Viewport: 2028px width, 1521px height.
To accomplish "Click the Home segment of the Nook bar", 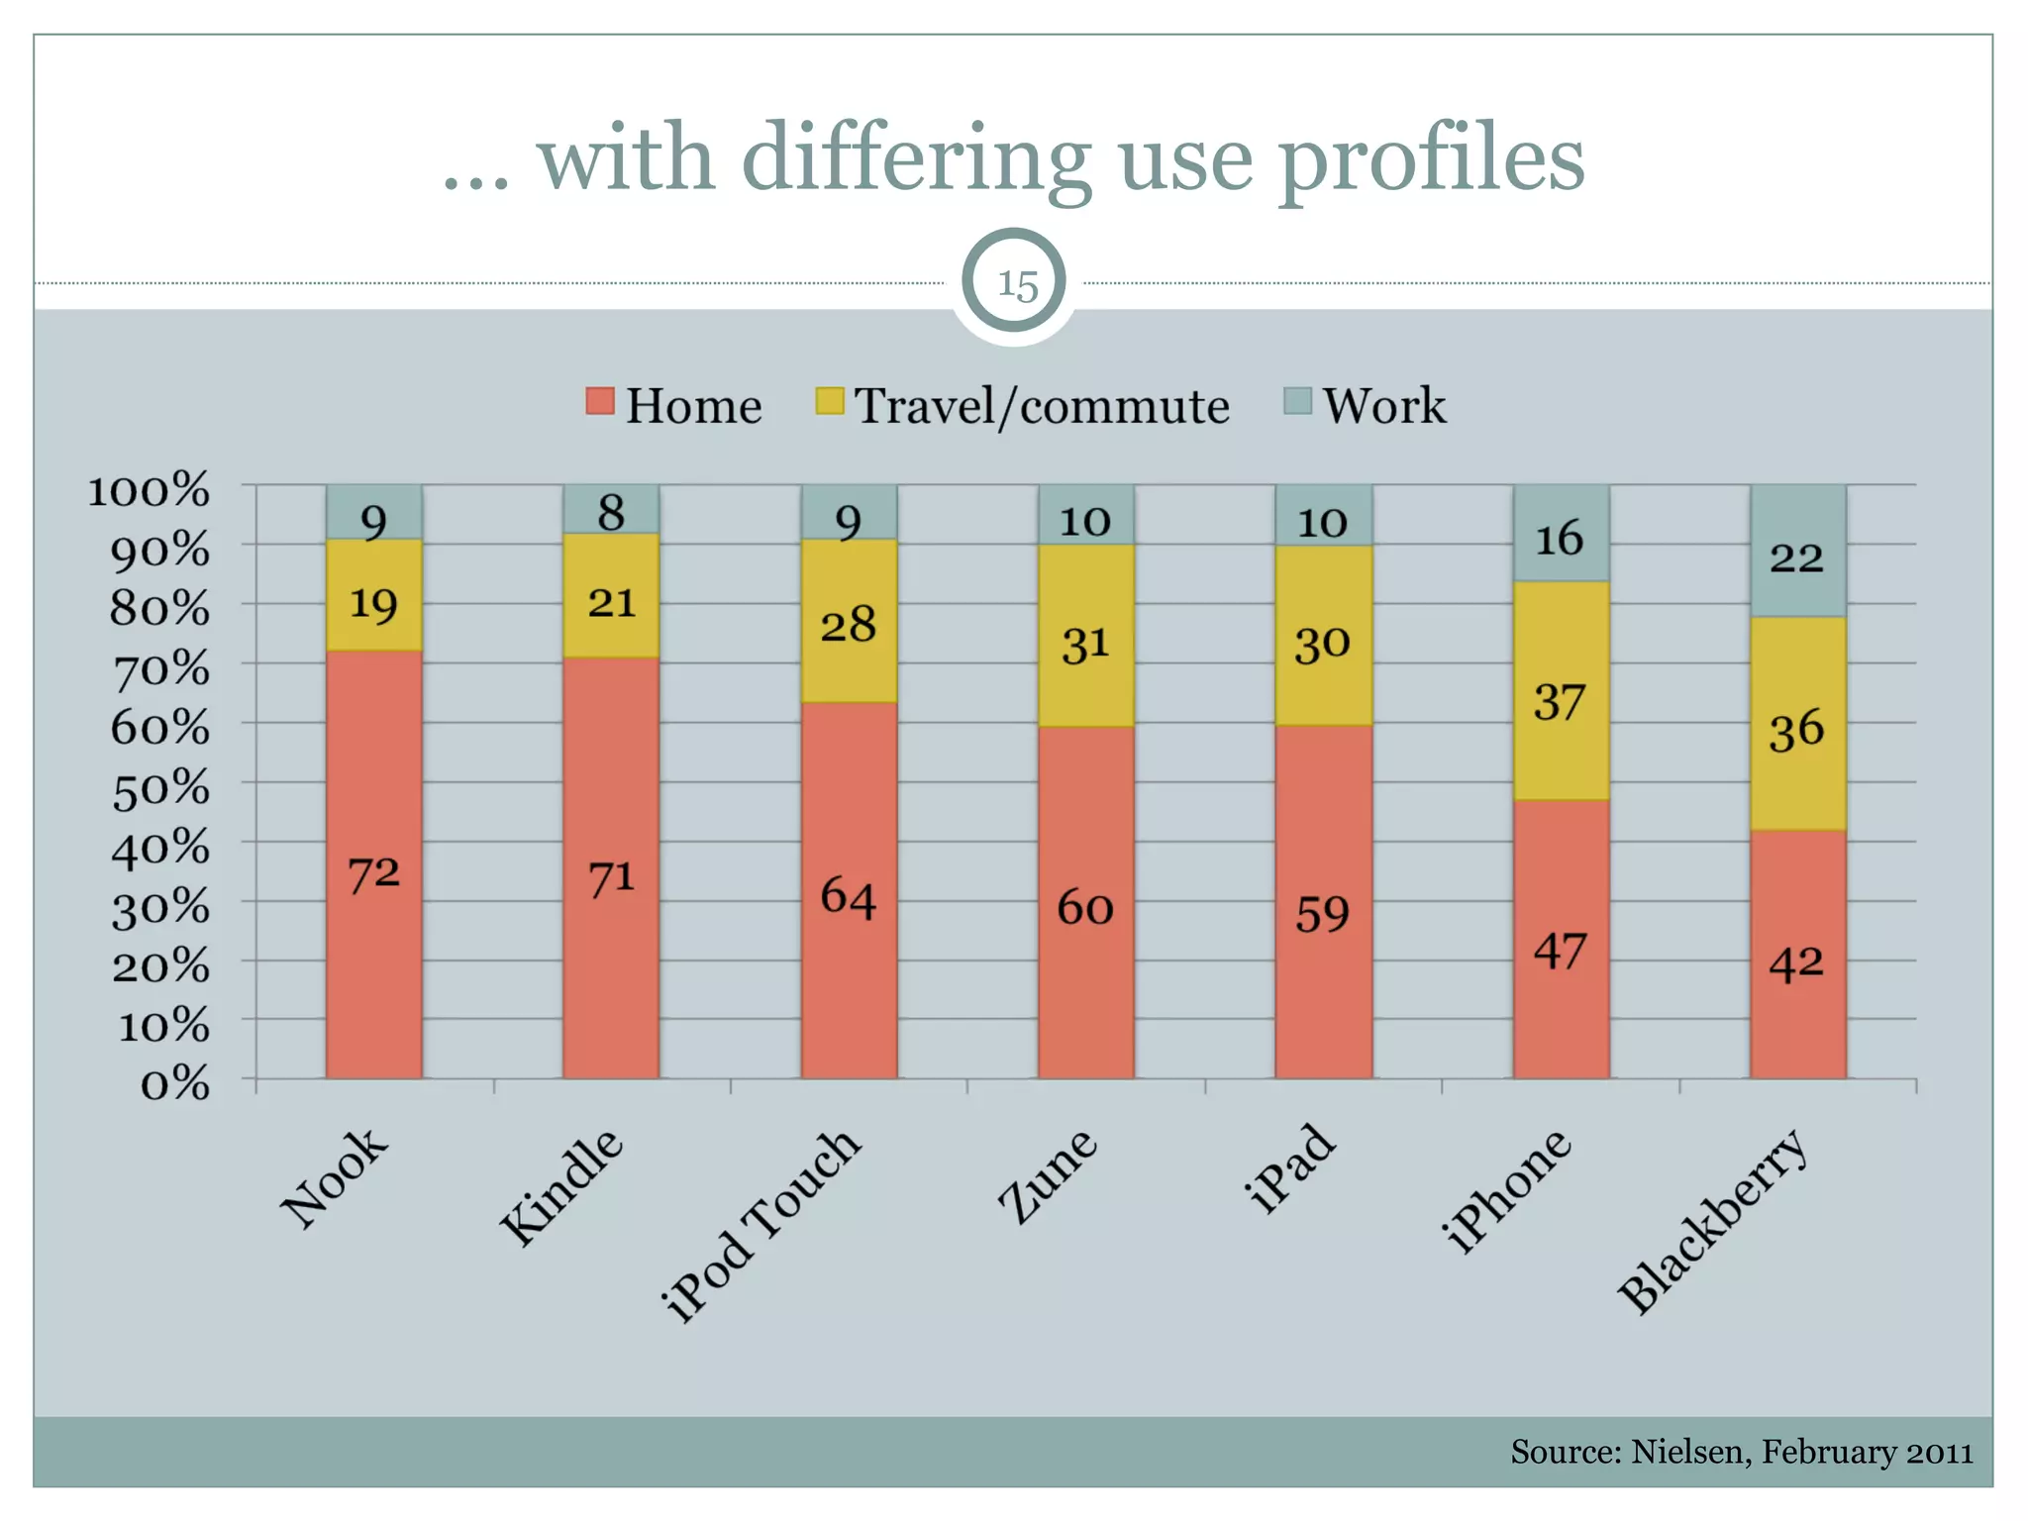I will pyautogui.click(x=373, y=951).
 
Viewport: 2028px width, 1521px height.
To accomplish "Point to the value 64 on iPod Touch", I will pyautogui.click(x=849, y=897).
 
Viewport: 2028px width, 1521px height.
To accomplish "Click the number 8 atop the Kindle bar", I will pyautogui.click(x=611, y=513).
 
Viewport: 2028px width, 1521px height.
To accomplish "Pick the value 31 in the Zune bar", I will pyautogui.click(x=1085, y=645).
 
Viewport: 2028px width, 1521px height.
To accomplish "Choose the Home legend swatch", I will pyautogui.click(x=600, y=401).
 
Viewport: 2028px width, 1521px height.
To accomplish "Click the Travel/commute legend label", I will pyautogui.click(x=1042, y=406).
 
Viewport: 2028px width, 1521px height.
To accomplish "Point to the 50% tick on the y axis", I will pyautogui.click(x=160, y=788).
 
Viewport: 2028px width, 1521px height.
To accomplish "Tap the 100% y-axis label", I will pyautogui.click(x=149, y=490).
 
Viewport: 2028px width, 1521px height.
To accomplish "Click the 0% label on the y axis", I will pyautogui.click(x=174, y=1084).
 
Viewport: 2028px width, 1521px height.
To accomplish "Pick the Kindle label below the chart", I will pyautogui.click(x=561, y=1187).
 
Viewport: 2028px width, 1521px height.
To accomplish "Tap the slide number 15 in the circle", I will pyautogui.click(x=1017, y=285).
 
